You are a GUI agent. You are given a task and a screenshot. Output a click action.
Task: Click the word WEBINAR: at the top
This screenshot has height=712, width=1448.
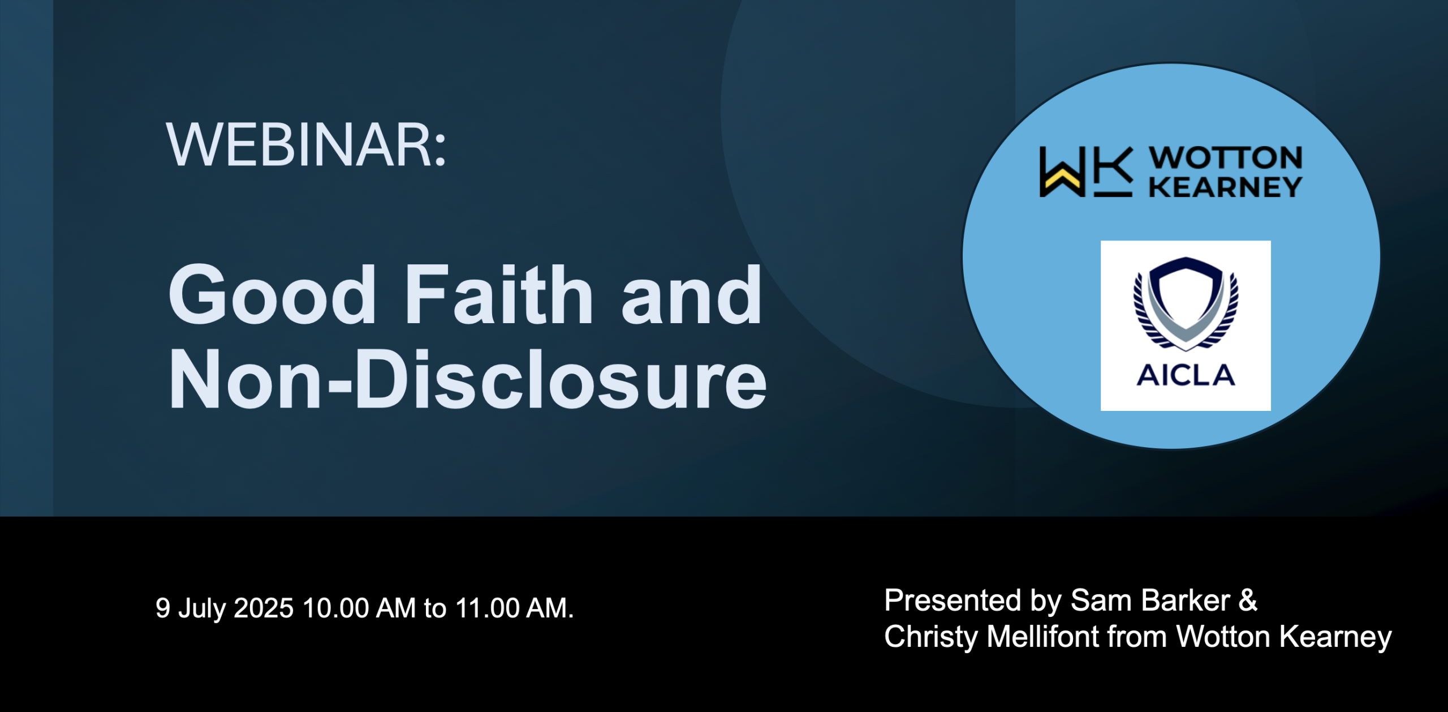(306, 145)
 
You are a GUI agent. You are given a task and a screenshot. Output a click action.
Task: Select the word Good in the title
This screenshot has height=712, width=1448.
(272, 295)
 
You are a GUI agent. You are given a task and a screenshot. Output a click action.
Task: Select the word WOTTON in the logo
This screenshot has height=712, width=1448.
(1226, 157)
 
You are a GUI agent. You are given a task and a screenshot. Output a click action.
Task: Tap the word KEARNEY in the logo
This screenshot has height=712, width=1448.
(1226, 187)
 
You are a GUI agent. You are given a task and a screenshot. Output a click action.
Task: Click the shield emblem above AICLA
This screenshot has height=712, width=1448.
(1186, 303)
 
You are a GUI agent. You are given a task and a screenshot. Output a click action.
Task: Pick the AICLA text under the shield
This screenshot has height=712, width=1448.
(1186, 375)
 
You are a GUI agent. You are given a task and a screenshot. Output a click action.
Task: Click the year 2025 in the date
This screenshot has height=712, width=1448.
(264, 608)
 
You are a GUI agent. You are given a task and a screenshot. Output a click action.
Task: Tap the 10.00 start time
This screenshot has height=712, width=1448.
(336, 608)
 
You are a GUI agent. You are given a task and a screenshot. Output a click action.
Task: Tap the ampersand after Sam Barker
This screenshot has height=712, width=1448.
(1248, 601)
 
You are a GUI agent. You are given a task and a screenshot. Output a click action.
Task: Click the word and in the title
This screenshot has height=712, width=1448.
(691, 295)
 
